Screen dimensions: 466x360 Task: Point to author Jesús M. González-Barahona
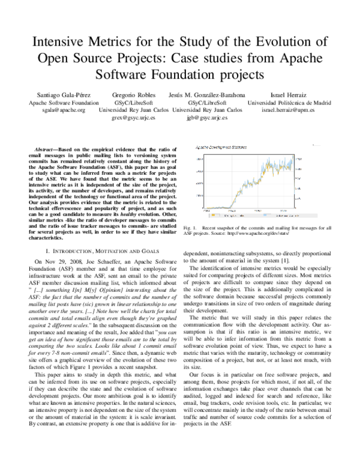tap(207, 95)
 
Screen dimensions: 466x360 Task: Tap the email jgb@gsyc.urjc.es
tap(207, 118)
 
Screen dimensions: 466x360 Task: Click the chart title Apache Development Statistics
tap(223, 146)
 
